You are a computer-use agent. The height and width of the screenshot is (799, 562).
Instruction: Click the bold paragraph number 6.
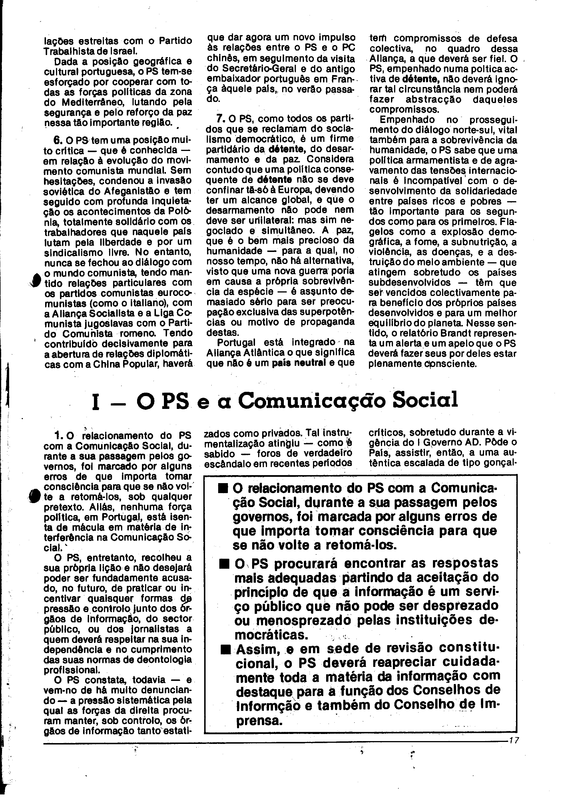[x=57, y=140]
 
